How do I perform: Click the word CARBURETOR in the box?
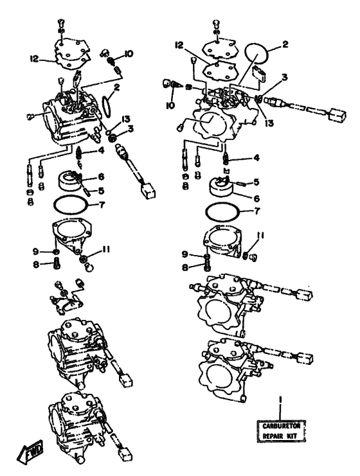pos(282,426)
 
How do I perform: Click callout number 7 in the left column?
pos(102,205)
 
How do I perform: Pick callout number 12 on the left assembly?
pos(35,58)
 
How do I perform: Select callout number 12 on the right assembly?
pos(180,46)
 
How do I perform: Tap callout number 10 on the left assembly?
pos(129,54)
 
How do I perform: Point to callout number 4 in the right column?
pos(256,158)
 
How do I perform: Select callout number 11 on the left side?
pos(105,249)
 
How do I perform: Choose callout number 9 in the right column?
pos(185,254)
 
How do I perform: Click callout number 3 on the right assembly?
pos(284,78)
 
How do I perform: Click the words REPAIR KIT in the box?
pos(280,436)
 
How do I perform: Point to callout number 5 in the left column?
pos(101,191)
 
